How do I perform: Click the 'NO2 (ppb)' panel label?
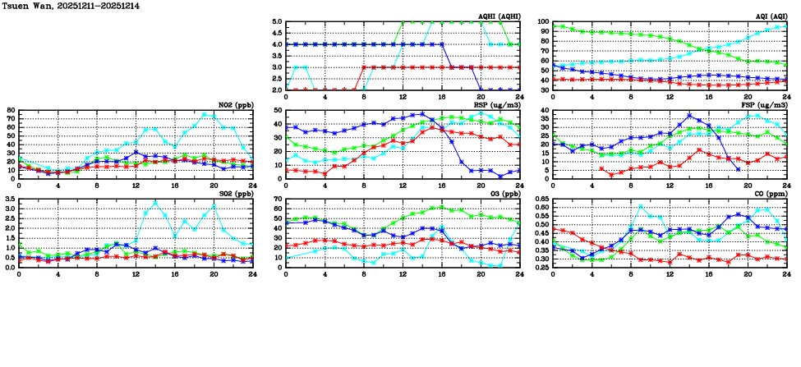pyautogui.click(x=232, y=105)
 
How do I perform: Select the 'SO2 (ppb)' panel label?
pyautogui.click(x=232, y=194)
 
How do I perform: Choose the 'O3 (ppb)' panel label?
pyautogui.click(x=504, y=194)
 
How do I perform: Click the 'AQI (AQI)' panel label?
pyautogui.click(x=770, y=16)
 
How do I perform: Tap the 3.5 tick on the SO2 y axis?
pyautogui.click(x=8, y=200)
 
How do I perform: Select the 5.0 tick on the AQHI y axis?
pyautogui.click(x=275, y=22)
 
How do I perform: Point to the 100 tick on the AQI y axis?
pyautogui.click(x=541, y=22)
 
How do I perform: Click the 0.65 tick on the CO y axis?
pyautogui.click(x=541, y=200)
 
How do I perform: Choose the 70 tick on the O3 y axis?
pyautogui.click(x=277, y=200)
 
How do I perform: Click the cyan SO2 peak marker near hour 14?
pyautogui.click(x=155, y=202)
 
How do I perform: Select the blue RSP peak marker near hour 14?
pyautogui.click(x=422, y=114)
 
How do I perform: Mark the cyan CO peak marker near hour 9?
pyautogui.click(x=640, y=208)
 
